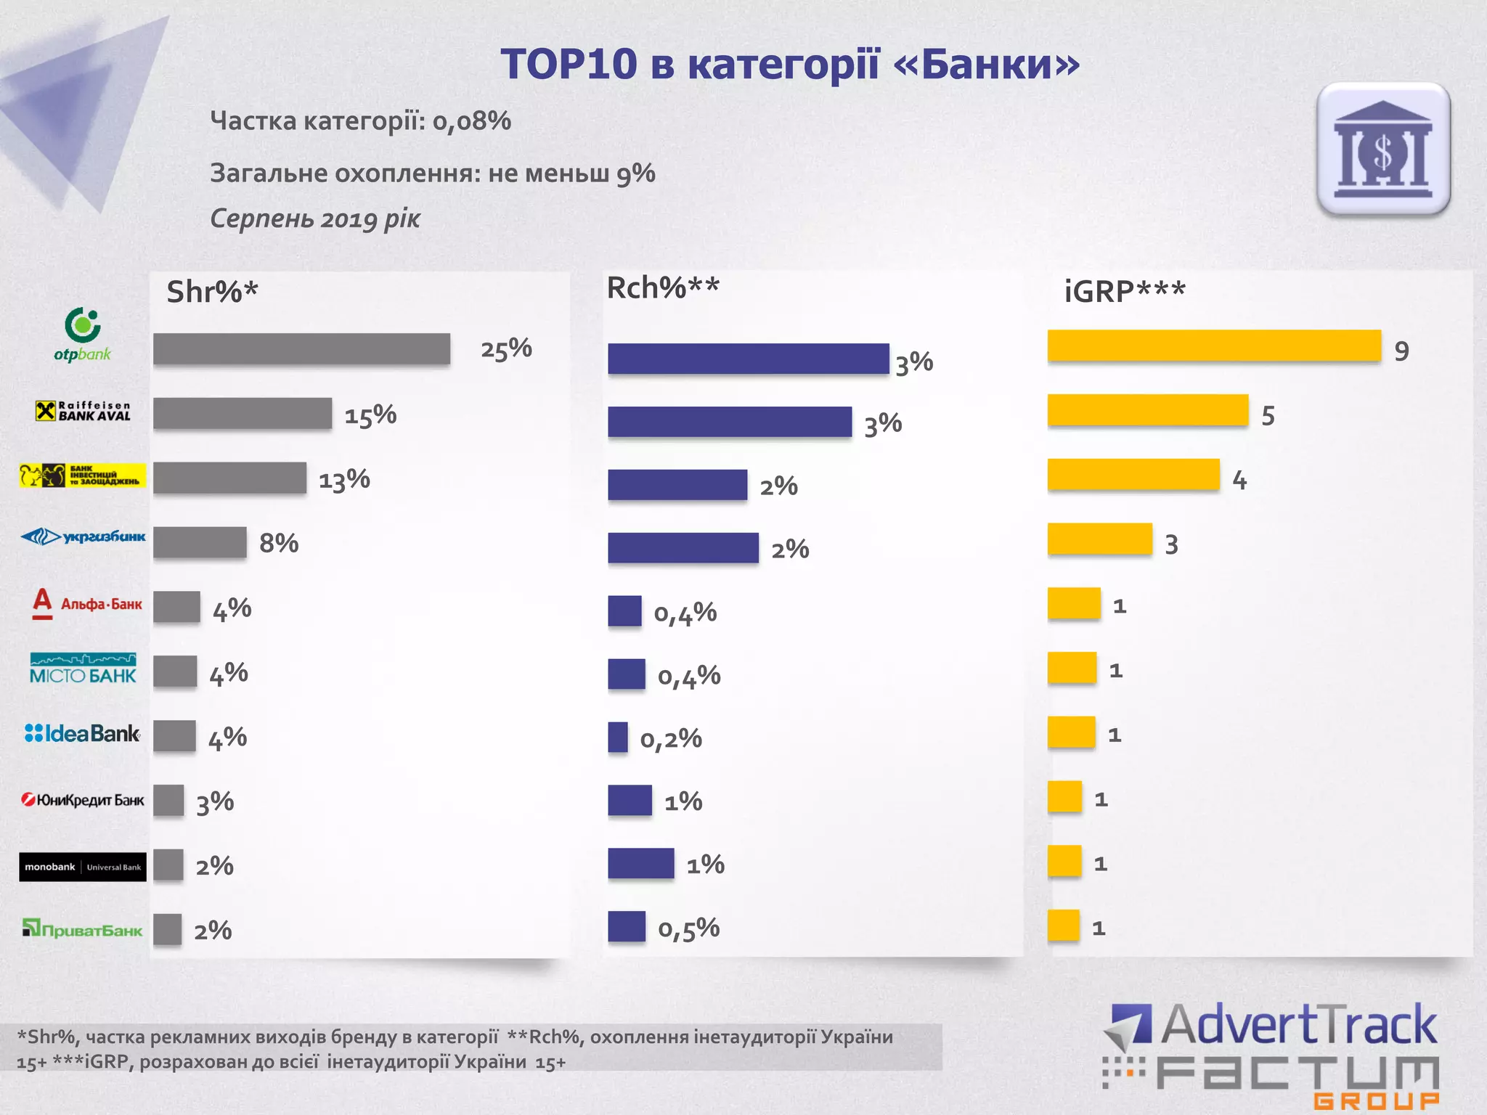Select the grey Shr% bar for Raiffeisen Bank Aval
coord(243,413)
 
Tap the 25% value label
coord(506,349)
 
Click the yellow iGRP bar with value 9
coord(1214,346)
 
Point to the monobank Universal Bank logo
coord(83,867)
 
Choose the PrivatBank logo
coord(83,930)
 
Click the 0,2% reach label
coord(671,739)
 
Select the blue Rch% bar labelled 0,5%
coord(627,926)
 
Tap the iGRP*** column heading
coord(1125,292)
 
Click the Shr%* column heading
coord(212,292)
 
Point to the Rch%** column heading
coord(663,288)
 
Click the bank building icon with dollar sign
coord(1383,149)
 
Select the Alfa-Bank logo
coord(87,603)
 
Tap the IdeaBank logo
coord(83,734)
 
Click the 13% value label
coord(344,480)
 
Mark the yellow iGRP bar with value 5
coord(1148,410)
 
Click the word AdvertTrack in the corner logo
coord(1298,1025)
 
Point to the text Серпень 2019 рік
coord(315,218)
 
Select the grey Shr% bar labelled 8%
coord(200,542)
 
